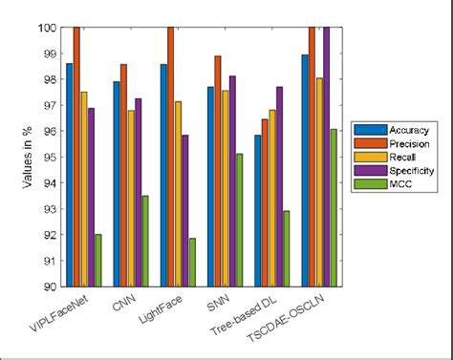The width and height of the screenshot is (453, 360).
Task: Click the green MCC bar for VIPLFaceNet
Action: pyautogui.click(x=98, y=260)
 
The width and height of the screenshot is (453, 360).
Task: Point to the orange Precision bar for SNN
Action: pyautogui.click(x=218, y=171)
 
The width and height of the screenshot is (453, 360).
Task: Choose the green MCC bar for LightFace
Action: pyautogui.click(x=192, y=262)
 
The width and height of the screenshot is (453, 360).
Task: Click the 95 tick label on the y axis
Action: pyautogui.click(x=49, y=157)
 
